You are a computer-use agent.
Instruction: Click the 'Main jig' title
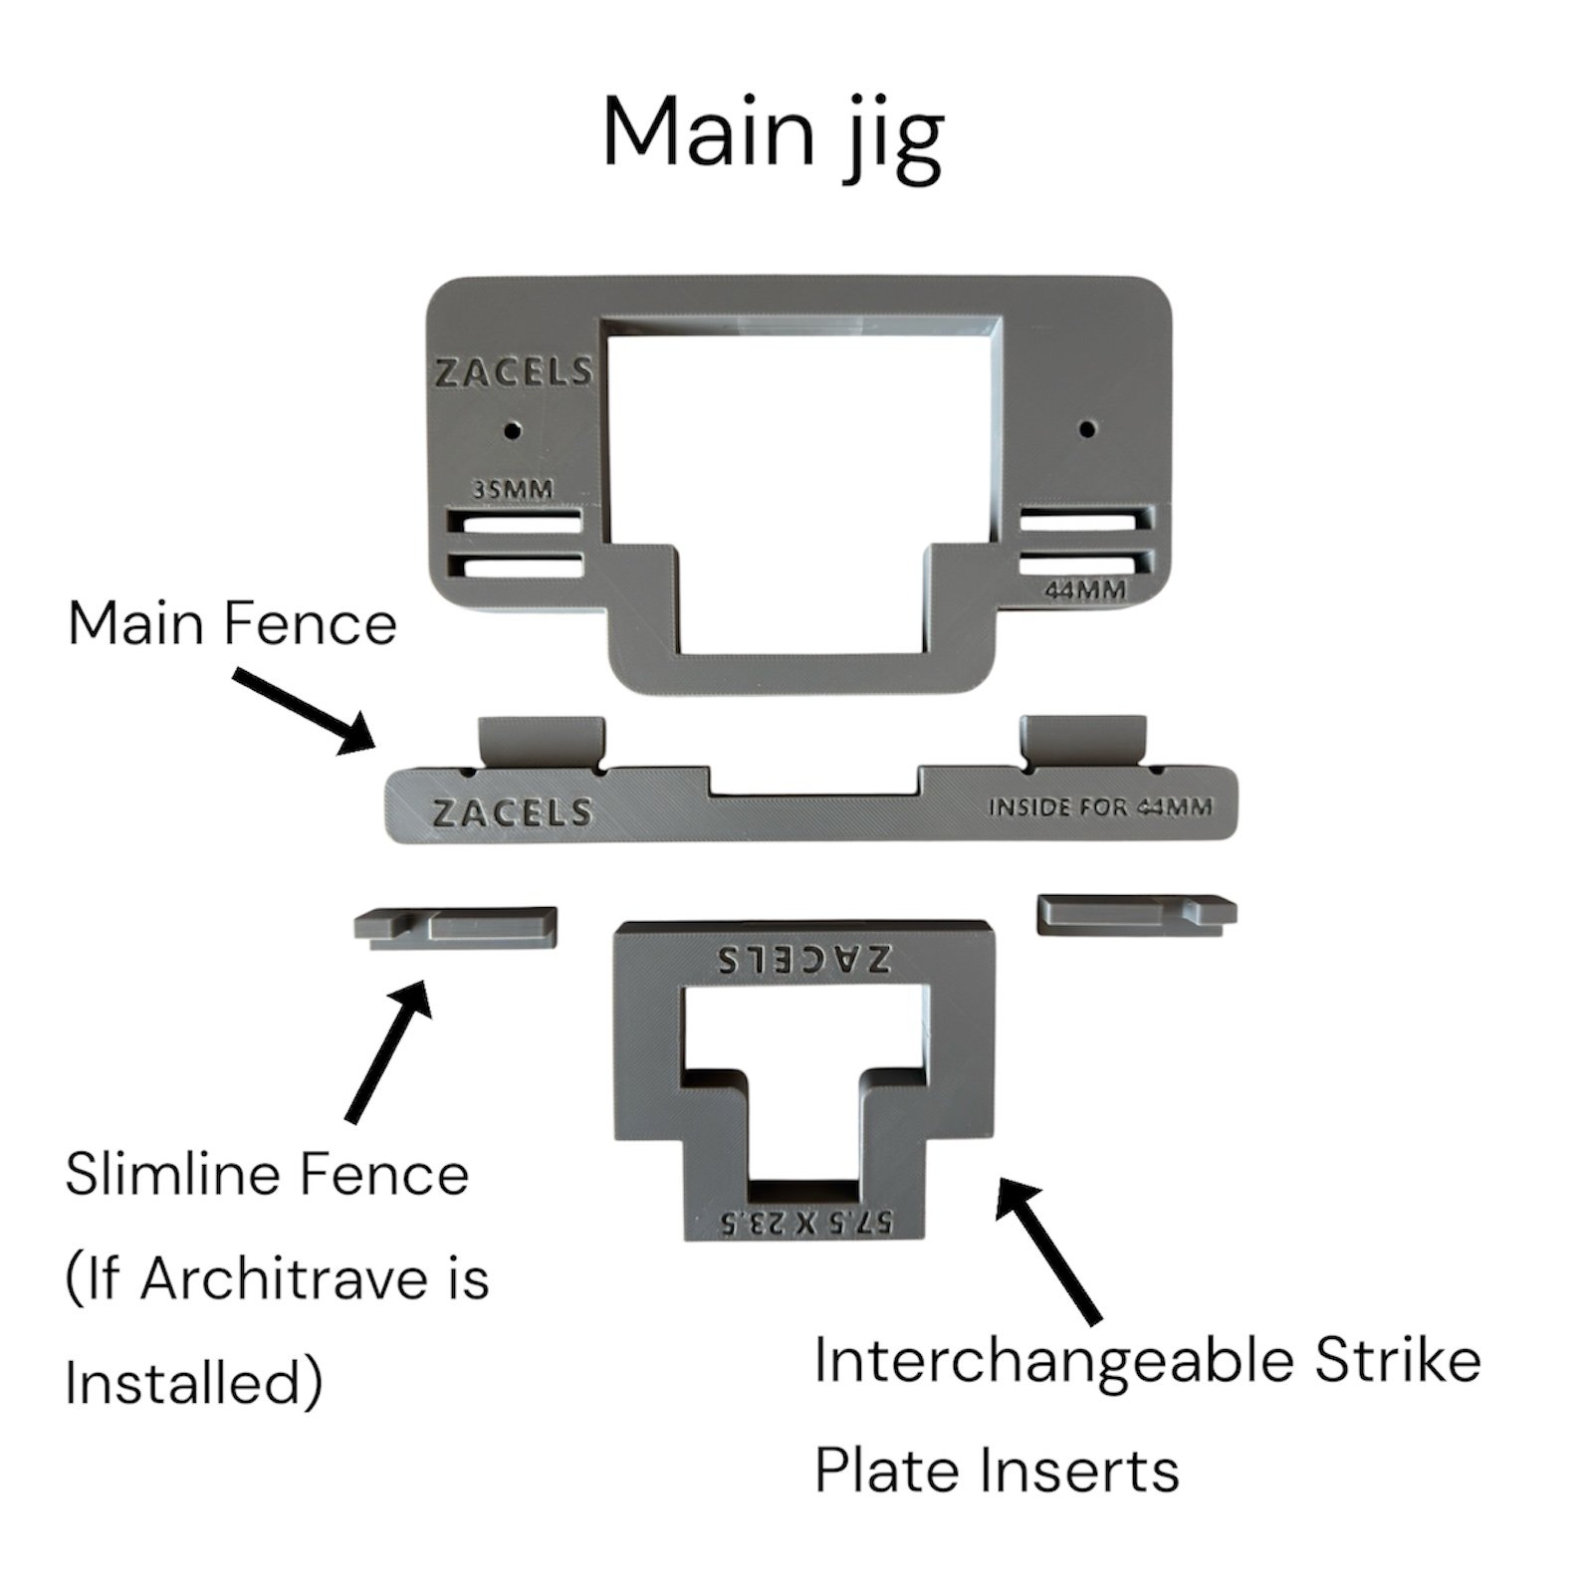pos(773,136)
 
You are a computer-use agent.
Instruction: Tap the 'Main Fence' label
pos(232,624)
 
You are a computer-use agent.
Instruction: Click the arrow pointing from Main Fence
pos(304,711)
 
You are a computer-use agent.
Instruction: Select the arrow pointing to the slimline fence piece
pos(388,1050)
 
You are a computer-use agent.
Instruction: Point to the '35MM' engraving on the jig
pos(514,491)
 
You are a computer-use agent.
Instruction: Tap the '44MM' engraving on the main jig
pos(1084,590)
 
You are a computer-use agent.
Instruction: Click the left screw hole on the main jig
pos(513,431)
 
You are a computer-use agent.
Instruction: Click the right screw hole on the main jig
pos(1087,429)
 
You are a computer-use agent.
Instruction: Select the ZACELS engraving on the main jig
pos(514,372)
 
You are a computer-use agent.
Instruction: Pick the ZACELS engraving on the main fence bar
pos(513,812)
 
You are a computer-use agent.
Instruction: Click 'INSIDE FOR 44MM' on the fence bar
pos(1100,806)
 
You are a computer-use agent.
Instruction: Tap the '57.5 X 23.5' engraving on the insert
pos(804,1221)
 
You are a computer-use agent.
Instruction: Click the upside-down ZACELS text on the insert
pos(804,959)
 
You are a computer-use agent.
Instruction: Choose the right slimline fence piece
pos(1137,914)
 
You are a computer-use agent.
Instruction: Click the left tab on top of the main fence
pos(543,741)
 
